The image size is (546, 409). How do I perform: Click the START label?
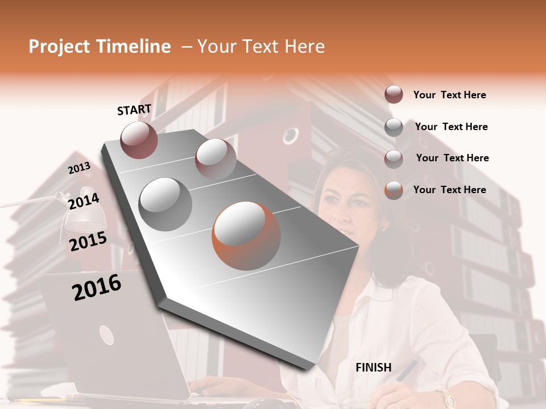tap(134, 110)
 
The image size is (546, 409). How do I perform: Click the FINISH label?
tap(373, 368)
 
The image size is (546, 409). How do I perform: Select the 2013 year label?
tap(79, 168)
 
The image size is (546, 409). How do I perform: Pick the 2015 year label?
tap(88, 242)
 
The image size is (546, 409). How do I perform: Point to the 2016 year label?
tap(97, 287)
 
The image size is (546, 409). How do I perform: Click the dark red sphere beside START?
tap(139, 140)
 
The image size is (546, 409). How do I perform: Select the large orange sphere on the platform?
tap(246, 236)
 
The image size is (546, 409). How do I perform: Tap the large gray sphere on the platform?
tap(166, 204)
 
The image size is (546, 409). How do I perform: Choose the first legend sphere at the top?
tap(394, 94)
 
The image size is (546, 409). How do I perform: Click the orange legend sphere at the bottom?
tap(394, 190)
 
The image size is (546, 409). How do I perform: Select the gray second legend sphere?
tap(394, 127)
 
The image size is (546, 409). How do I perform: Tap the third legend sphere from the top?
tap(394, 158)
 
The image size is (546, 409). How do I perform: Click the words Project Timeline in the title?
tap(100, 47)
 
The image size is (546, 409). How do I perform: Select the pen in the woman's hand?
tap(405, 372)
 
